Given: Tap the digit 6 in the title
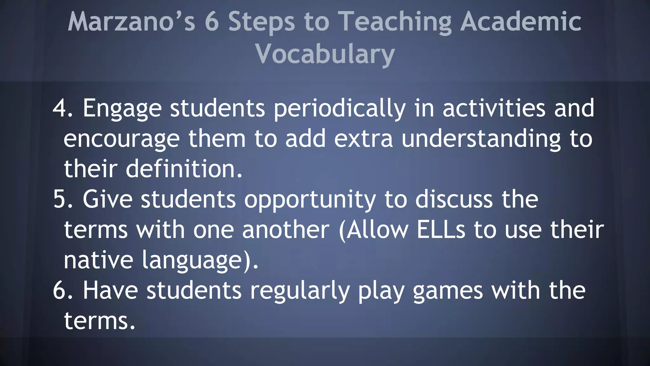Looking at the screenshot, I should [x=212, y=22].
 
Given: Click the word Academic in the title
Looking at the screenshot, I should [x=521, y=22].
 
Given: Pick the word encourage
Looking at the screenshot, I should [x=122, y=139].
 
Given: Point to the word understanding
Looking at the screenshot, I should [x=481, y=139].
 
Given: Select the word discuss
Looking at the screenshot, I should [x=454, y=200].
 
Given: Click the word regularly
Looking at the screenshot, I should [x=300, y=291].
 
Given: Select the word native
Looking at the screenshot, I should [x=98, y=260].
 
